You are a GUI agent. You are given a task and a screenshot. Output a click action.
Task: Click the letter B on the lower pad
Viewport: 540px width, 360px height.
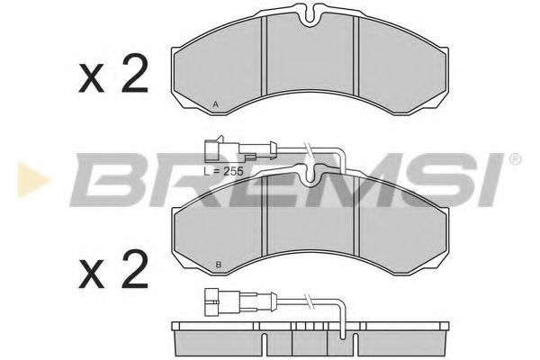(x=220, y=265)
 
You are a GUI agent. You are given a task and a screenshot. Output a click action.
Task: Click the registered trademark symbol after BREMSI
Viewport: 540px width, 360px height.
(x=515, y=159)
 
